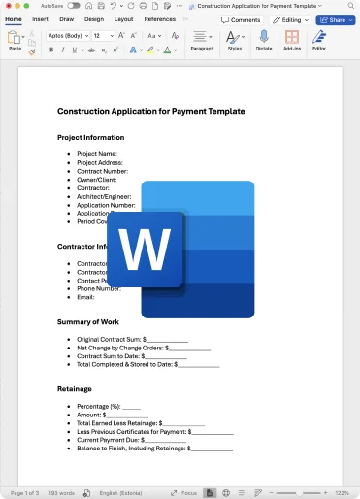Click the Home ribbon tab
click(x=14, y=18)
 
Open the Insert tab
click(x=40, y=18)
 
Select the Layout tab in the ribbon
click(x=123, y=18)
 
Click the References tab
click(x=160, y=18)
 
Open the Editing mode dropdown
click(x=290, y=19)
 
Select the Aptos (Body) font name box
click(x=66, y=35)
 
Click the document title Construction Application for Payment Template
click(x=150, y=111)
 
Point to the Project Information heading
click(x=91, y=137)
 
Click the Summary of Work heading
click(x=88, y=321)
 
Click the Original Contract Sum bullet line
click(x=132, y=339)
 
